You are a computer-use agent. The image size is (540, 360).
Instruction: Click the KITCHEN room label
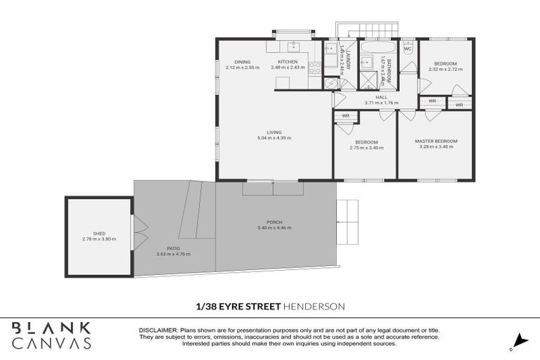coord(288,62)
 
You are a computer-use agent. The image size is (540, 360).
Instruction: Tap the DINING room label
coord(243,62)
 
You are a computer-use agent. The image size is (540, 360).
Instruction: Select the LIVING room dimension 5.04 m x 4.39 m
coord(274,138)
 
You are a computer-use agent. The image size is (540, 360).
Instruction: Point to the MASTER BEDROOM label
coord(435,141)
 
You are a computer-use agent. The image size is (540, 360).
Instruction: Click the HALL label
coord(381,97)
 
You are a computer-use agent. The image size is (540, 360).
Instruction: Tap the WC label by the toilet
coord(407,49)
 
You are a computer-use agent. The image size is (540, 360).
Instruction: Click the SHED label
coord(98,233)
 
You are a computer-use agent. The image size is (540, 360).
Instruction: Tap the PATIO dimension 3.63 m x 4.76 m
coord(173,254)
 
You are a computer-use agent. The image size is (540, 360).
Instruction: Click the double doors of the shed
coord(139,232)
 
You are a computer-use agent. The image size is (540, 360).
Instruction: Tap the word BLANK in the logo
coord(51,328)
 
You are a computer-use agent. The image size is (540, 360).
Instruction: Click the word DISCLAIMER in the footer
coord(158,329)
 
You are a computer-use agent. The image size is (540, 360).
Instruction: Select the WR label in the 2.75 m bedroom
coord(345,115)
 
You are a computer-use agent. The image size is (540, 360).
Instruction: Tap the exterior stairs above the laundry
coord(352,30)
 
